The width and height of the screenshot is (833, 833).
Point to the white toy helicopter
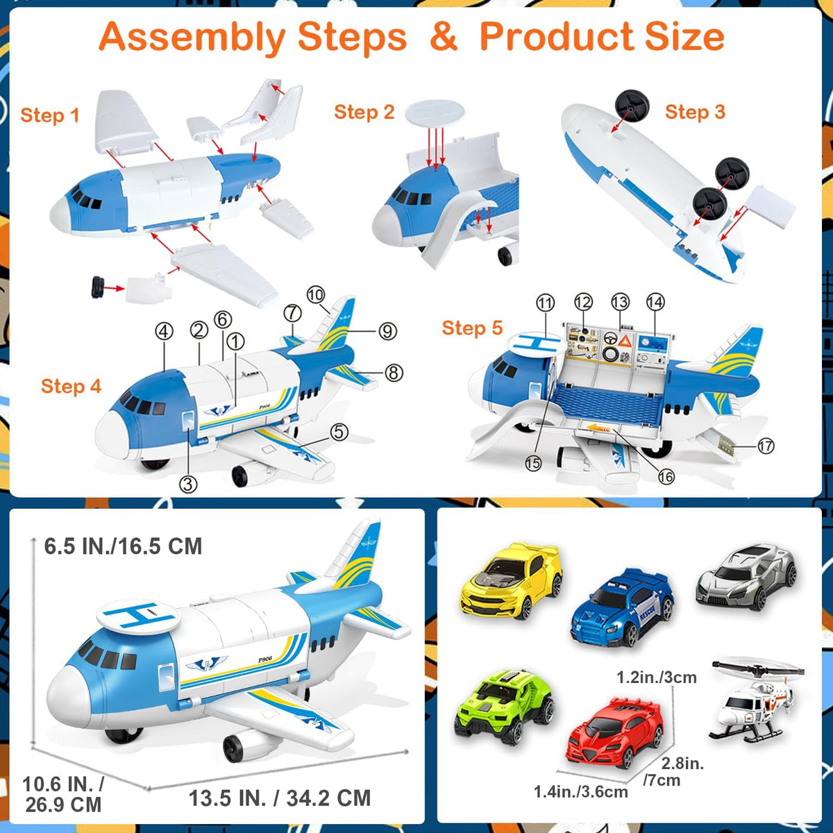(x=755, y=700)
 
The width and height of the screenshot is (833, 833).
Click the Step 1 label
(x=50, y=115)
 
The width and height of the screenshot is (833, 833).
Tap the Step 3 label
(x=695, y=112)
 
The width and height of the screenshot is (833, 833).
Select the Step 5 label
(x=472, y=328)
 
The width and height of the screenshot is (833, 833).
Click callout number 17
(x=766, y=446)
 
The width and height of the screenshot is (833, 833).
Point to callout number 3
(x=188, y=484)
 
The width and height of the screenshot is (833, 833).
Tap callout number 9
(x=388, y=331)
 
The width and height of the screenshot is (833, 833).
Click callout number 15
(x=533, y=464)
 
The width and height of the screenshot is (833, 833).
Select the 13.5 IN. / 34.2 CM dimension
(x=280, y=798)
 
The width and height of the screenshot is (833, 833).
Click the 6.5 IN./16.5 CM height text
(x=123, y=546)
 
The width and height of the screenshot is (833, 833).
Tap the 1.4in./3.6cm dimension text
(x=580, y=792)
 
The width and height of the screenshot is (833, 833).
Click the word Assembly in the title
(x=253, y=37)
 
